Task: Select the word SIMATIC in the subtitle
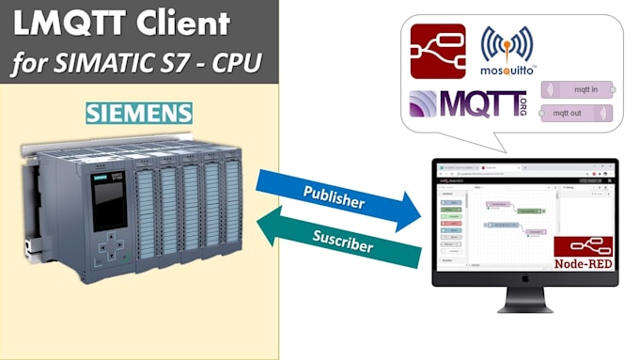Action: coord(123,64)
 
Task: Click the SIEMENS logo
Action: coord(139,114)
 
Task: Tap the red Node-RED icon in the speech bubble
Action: coord(438,52)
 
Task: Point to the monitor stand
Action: coord(525,300)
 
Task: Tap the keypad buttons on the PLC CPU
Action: coord(114,251)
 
